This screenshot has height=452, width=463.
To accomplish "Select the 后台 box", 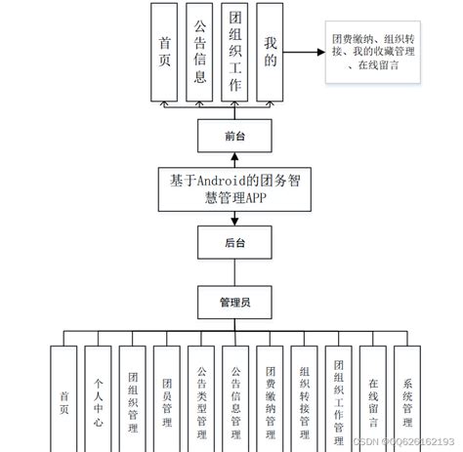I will pyautogui.click(x=234, y=240).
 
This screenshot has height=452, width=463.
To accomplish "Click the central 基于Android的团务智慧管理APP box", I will pyautogui.click(x=234, y=188).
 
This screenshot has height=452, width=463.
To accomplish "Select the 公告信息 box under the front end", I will pyautogui.click(x=199, y=52).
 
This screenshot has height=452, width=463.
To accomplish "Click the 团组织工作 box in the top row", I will pyautogui.click(x=234, y=52).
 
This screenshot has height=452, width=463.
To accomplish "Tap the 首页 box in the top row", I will pyautogui.click(x=164, y=52).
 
